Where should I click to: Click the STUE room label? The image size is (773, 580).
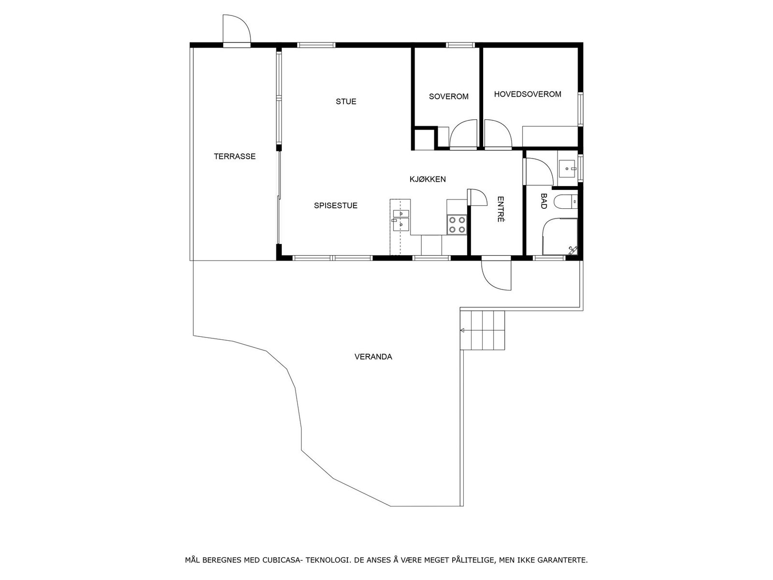click(x=346, y=101)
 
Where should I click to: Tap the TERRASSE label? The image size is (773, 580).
click(x=234, y=157)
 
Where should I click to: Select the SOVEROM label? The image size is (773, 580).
click(x=448, y=97)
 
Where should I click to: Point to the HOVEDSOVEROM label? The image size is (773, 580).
click(x=527, y=94)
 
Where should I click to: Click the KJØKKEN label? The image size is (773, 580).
click(x=428, y=179)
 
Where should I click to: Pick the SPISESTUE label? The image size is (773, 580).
click(x=336, y=205)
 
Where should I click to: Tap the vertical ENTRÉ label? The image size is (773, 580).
click(x=501, y=209)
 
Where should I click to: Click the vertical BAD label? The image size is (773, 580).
click(x=544, y=201)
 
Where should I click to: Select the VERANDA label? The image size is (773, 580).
click(x=373, y=357)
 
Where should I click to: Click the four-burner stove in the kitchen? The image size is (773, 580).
click(x=457, y=224)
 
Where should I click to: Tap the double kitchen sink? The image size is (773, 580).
click(x=401, y=219)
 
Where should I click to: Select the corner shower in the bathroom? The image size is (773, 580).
click(x=560, y=237)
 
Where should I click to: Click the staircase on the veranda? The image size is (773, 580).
click(x=483, y=331)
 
